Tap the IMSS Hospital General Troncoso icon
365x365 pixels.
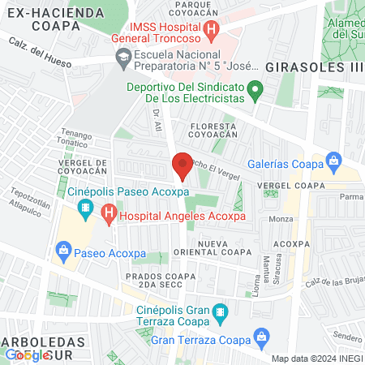pos(211,32)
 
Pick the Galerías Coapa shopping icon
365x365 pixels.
pos(333,160)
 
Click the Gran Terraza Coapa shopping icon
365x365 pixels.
pos(260,336)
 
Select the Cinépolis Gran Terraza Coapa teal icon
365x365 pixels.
pos(218,311)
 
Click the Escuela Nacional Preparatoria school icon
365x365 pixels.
pos(123,57)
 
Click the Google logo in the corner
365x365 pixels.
pos(27,355)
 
